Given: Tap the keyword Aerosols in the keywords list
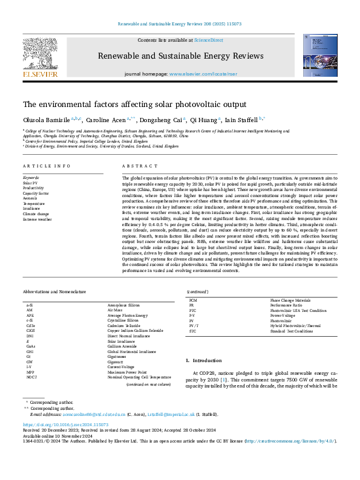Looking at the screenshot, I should click(x=31, y=197).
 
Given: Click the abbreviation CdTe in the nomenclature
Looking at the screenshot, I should click(x=30, y=325).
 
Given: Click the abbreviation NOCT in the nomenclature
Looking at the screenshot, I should click(x=31, y=377).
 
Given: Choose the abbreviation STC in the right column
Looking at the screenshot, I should click(x=192, y=331).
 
